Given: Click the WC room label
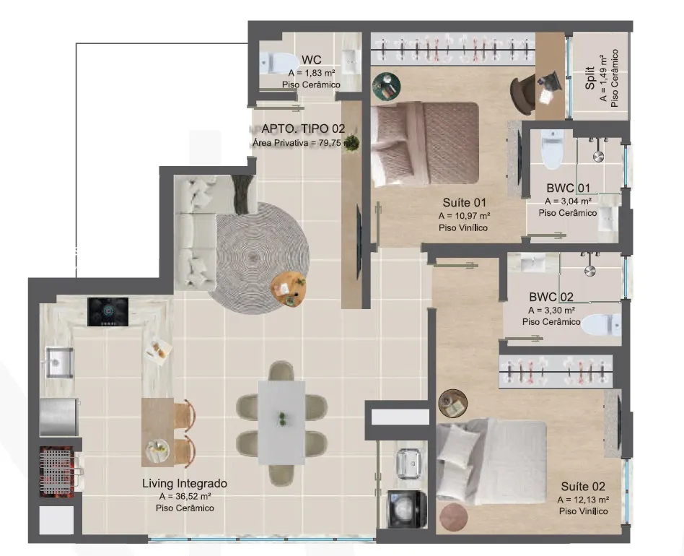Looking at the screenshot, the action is (x=311, y=60).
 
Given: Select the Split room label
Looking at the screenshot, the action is (x=589, y=78).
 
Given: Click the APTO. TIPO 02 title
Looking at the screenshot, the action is (x=303, y=129).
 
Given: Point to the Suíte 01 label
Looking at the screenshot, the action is (x=464, y=202).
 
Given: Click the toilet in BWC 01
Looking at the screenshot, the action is (x=552, y=149).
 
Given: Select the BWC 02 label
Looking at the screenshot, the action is (x=551, y=297).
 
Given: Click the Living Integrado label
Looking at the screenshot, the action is (x=185, y=484).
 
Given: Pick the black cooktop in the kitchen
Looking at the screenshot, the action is (x=108, y=312).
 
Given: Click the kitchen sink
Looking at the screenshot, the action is (x=59, y=362).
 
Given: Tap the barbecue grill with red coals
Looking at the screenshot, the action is (x=57, y=472).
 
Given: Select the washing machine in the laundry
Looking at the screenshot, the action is (x=408, y=509).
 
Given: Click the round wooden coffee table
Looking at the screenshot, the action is (x=287, y=289).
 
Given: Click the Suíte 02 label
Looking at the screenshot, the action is (x=583, y=487).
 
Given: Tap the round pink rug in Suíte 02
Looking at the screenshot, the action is (x=454, y=517).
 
